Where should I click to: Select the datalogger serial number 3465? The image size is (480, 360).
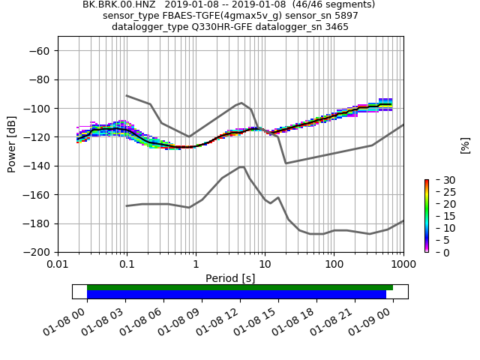pos(334,27)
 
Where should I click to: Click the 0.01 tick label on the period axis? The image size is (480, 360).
pos(58,265)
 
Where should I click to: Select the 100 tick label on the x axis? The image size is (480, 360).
pos(334,265)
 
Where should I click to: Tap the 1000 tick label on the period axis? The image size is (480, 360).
pos(403,265)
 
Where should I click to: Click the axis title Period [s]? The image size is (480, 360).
pos(230,277)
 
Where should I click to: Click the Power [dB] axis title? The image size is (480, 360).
pos(12,144)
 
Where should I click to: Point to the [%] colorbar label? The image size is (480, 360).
pos(465,145)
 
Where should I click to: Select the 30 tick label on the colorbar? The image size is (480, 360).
pos(438,181)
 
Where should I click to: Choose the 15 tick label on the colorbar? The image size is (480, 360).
pos(438,217)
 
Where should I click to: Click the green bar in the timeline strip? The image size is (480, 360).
pos(240,287)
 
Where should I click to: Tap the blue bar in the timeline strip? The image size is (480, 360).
pos(236,295)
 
